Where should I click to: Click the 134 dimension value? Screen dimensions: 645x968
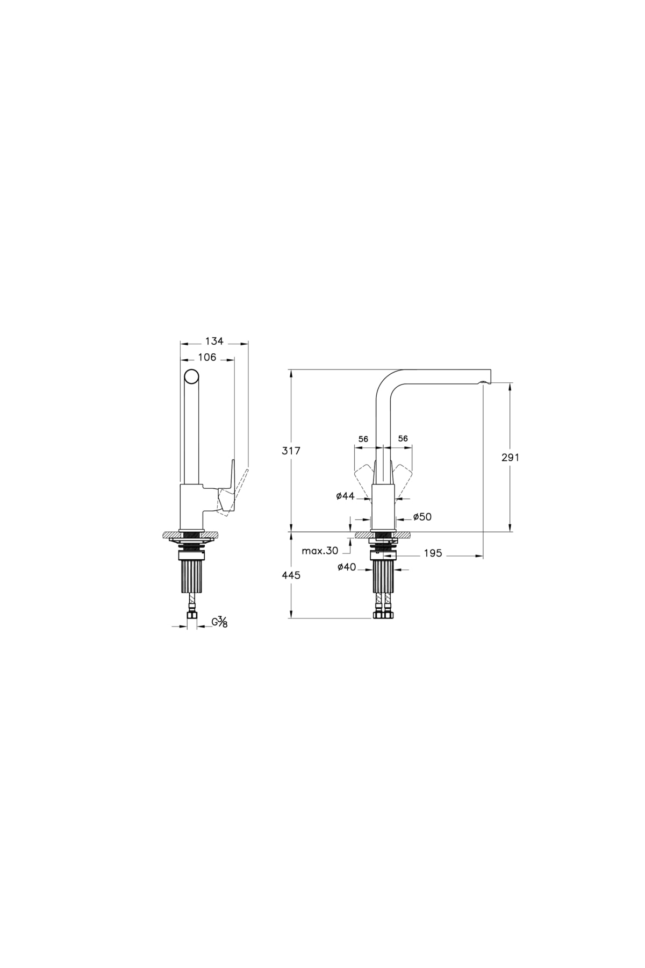tap(214, 341)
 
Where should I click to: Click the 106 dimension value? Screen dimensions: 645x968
tap(207, 357)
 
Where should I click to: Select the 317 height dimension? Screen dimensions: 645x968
tap(291, 451)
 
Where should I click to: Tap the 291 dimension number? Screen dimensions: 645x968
tap(511, 458)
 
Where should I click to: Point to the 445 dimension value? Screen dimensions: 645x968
tap(291, 575)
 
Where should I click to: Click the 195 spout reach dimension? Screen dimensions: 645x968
tap(433, 553)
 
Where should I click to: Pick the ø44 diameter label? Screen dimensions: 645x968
tap(346, 496)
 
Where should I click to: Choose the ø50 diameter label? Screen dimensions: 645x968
tap(422, 517)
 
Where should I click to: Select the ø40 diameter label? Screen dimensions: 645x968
tap(347, 566)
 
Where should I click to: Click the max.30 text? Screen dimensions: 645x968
tap(320, 551)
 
